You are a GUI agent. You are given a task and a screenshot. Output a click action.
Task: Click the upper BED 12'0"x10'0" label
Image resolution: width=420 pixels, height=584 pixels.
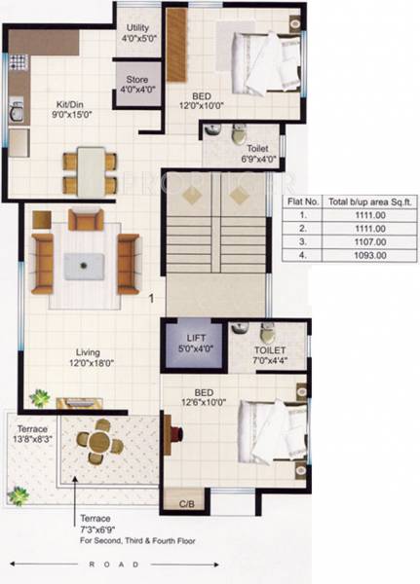pyautogui.click(x=201, y=98)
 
